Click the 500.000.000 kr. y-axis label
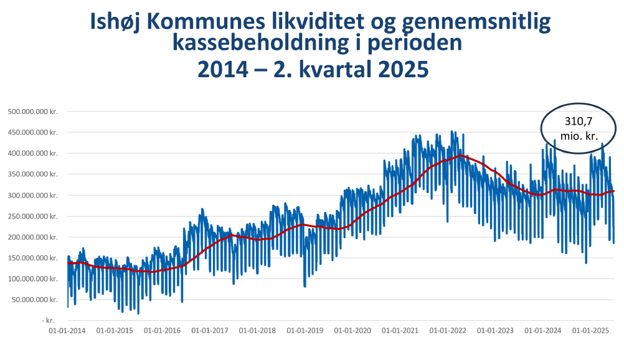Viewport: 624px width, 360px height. [32, 111]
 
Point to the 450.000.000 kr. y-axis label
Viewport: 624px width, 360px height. [32, 133]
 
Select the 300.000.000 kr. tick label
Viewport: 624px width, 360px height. [32, 196]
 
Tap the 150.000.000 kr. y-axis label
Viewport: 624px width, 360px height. [32, 258]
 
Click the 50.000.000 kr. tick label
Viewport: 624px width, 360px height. [34, 300]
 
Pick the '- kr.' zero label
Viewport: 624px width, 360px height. [49, 320]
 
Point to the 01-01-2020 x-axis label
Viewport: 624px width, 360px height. [351, 331]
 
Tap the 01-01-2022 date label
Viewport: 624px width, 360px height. [447, 331]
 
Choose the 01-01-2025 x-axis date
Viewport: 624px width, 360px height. [589, 331]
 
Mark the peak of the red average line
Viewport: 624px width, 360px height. [460, 156]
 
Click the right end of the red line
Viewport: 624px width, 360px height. [614, 191]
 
